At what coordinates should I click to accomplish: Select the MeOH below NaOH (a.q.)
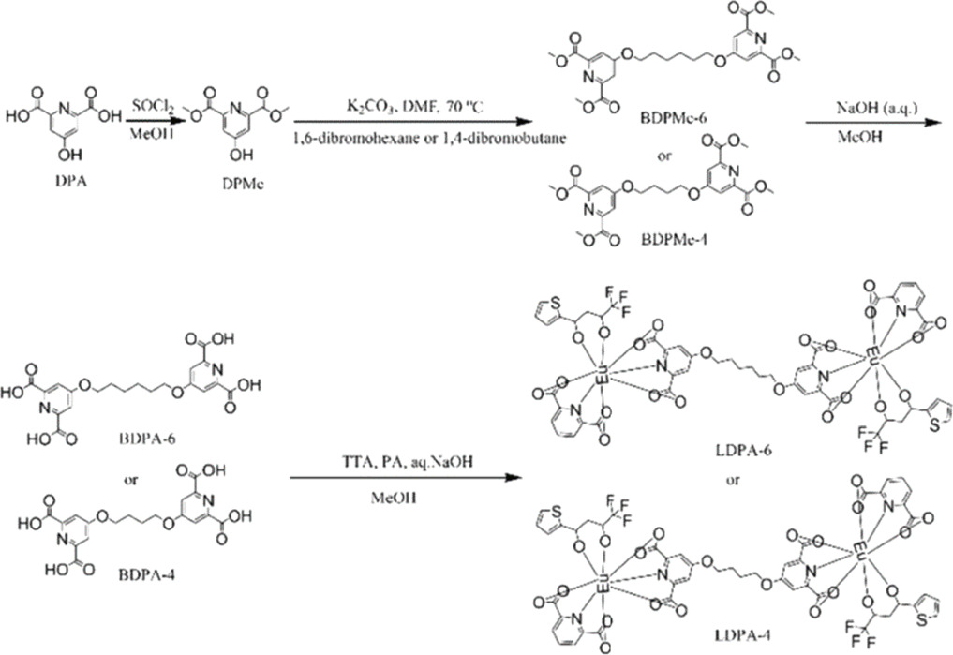coord(829,142)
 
